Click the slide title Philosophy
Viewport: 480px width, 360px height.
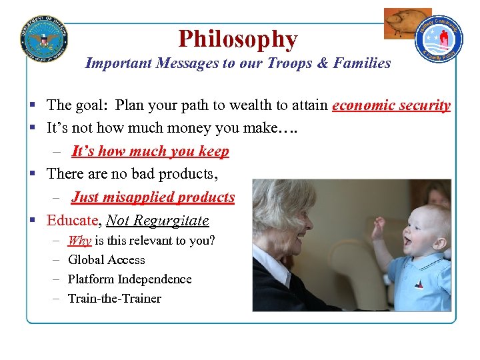237,39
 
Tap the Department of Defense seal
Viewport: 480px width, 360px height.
44,39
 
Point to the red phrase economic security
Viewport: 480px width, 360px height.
391,105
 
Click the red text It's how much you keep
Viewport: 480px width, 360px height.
150,151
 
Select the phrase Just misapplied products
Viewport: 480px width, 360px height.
153,197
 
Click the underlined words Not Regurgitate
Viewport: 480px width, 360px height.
157,221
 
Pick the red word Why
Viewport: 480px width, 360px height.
79,241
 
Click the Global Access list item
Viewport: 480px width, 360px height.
106,260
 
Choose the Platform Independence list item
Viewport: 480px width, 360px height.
129,279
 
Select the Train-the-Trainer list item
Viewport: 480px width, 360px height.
114,299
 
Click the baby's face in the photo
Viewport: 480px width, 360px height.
421,233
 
